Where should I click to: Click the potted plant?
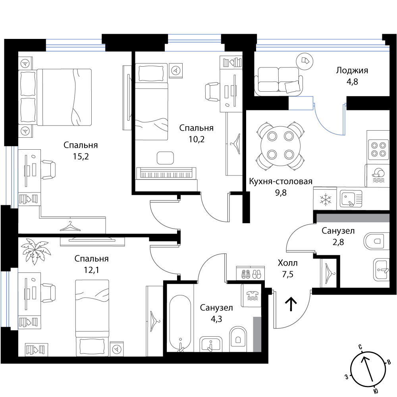click(36, 251)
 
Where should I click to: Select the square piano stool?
click(166, 158)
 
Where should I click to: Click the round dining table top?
click(280, 146)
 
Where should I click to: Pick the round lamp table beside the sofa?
click(304, 61)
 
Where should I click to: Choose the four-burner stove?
click(378, 149)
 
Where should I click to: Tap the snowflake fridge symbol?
click(325, 199)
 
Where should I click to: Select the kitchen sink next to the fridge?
click(351, 199)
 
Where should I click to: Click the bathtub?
click(180, 322)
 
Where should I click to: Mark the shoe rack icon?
click(251, 274)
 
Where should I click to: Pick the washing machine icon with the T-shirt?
click(251, 295)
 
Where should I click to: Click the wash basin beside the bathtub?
click(211, 344)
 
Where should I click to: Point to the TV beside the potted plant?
click(93, 241)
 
